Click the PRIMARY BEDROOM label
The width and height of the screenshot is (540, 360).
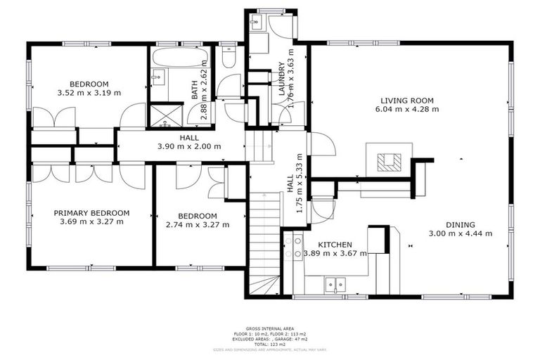coord(91,213)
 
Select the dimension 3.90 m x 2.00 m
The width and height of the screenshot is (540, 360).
coord(189,147)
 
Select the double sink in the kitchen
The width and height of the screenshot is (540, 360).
coord(334,285)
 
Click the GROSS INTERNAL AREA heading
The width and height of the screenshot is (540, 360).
coord(269,328)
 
